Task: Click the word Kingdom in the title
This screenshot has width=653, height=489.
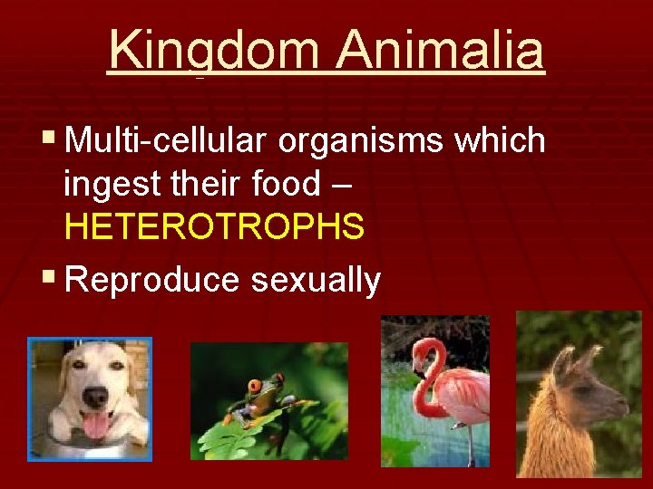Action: [x=214, y=51]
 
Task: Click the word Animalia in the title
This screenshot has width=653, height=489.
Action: [x=440, y=51]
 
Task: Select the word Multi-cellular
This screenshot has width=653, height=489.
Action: [x=167, y=141]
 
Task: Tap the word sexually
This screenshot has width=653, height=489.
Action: [x=316, y=280]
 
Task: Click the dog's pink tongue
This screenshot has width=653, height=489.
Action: [x=95, y=425]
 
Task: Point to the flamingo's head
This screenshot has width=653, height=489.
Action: [x=426, y=351]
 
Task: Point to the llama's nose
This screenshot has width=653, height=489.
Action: [x=623, y=405]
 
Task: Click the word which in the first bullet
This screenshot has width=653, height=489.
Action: [x=501, y=141]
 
